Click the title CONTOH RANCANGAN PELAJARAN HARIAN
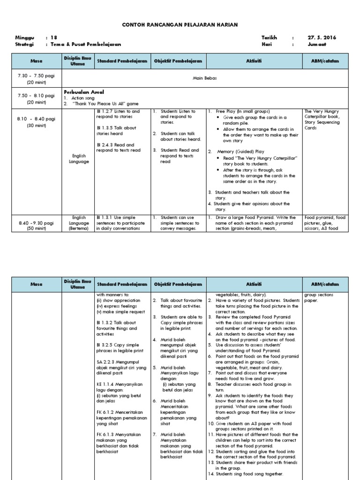[x=180, y=24]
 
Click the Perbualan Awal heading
[x=84, y=92]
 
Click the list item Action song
[x=83, y=98]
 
